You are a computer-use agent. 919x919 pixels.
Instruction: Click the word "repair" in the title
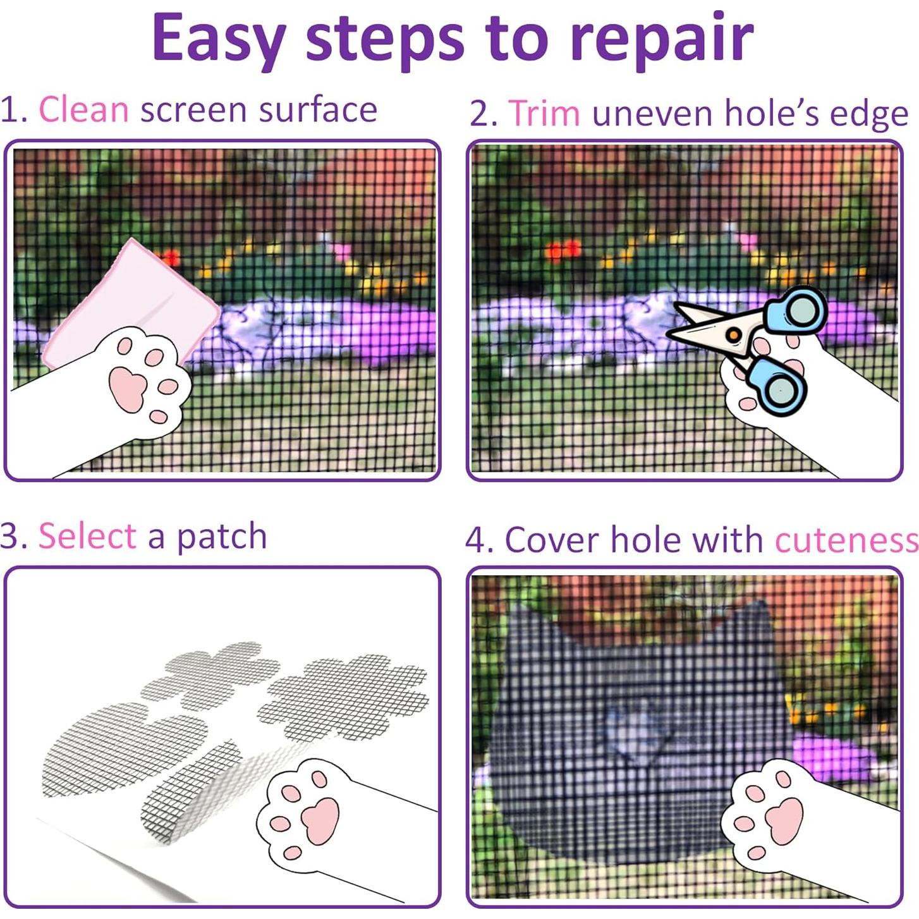661,39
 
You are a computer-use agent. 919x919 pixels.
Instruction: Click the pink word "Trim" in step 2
544,113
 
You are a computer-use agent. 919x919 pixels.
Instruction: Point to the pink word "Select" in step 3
87,536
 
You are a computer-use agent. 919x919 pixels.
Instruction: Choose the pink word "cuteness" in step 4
846,540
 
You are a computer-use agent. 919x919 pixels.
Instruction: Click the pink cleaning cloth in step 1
136,303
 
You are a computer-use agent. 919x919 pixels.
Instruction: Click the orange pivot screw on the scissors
733,334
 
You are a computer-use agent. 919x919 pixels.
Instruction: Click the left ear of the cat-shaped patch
525,623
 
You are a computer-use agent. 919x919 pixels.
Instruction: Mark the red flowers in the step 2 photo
562,250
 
